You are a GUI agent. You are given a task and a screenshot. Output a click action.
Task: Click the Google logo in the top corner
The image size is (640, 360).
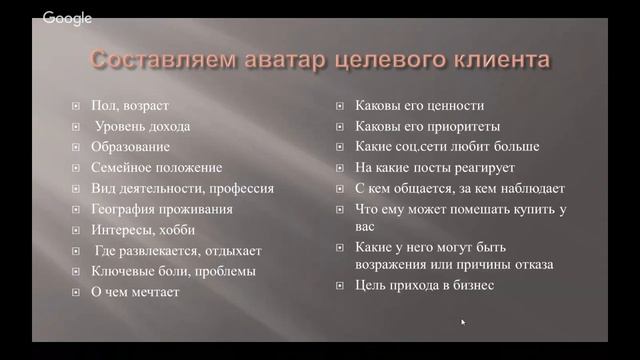click(x=68, y=18)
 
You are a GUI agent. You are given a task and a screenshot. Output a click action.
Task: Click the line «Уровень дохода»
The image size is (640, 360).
click(x=142, y=126)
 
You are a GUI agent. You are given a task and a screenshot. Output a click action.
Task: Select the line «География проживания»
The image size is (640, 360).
click(x=161, y=209)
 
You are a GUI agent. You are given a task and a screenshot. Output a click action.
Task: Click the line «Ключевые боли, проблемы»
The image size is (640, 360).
click(x=173, y=271)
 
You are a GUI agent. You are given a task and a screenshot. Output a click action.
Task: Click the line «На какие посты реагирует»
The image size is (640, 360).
click(x=435, y=167)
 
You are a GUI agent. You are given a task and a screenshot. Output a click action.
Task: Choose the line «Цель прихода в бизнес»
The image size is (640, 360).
click(x=424, y=285)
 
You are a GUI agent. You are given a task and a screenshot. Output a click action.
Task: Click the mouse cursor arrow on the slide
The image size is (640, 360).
click(x=463, y=322)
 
